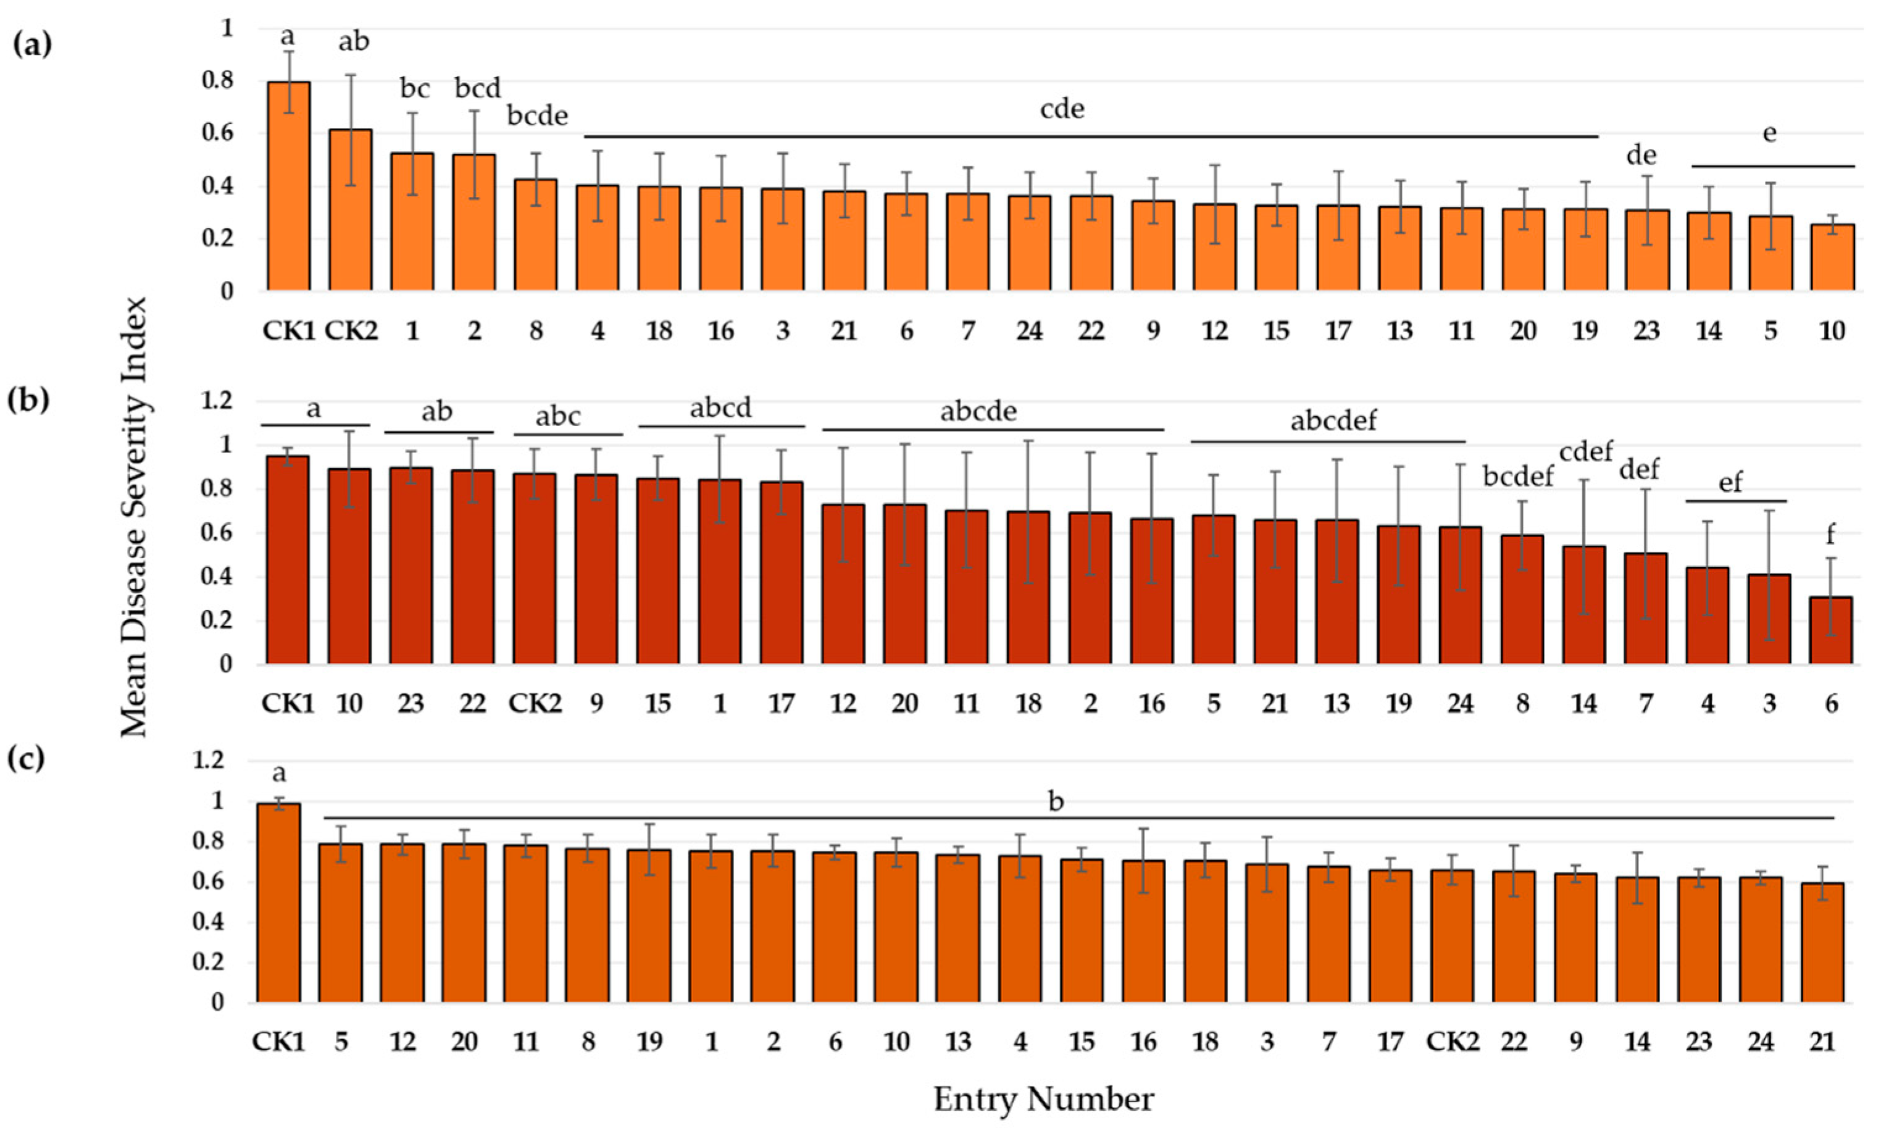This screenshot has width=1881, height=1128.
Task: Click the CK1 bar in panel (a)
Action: pyautogui.click(x=288, y=186)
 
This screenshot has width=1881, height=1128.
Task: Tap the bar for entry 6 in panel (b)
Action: pyautogui.click(x=1830, y=630)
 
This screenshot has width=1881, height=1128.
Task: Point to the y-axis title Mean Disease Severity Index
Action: pyautogui.click(x=135, y=517)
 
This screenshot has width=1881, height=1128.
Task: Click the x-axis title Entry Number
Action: pyautogui.click(x=1043, y=1099)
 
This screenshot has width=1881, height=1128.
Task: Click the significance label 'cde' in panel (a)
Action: pyautogui.click(x=1062, y=109)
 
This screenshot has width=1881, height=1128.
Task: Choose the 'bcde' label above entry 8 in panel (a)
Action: pyautogui.click(x=537, y=116)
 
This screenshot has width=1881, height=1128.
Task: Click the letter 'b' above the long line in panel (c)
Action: pyautogui.click(x=1056, y=801)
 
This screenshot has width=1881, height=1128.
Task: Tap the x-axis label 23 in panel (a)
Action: pyautogui.click(x=1646, y=332)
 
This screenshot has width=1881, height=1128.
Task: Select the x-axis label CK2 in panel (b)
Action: pyautogui.click(x=534, y=704)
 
